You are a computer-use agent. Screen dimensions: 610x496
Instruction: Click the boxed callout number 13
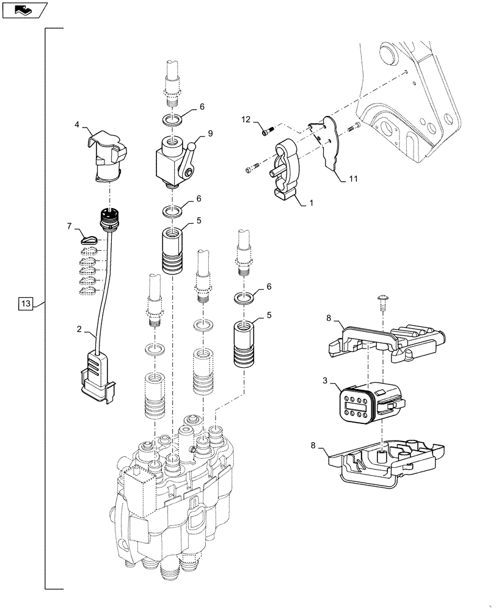click(26, 303)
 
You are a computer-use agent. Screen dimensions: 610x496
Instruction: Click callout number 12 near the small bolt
click(246, 119)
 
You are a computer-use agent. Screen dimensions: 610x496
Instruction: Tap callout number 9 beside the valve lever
click(210, 133)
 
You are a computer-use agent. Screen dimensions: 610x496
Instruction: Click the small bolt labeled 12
click(265, 129)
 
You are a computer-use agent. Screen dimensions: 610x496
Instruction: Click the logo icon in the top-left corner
click(23, 9)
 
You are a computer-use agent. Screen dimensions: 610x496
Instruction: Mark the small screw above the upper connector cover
click(382, 300)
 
